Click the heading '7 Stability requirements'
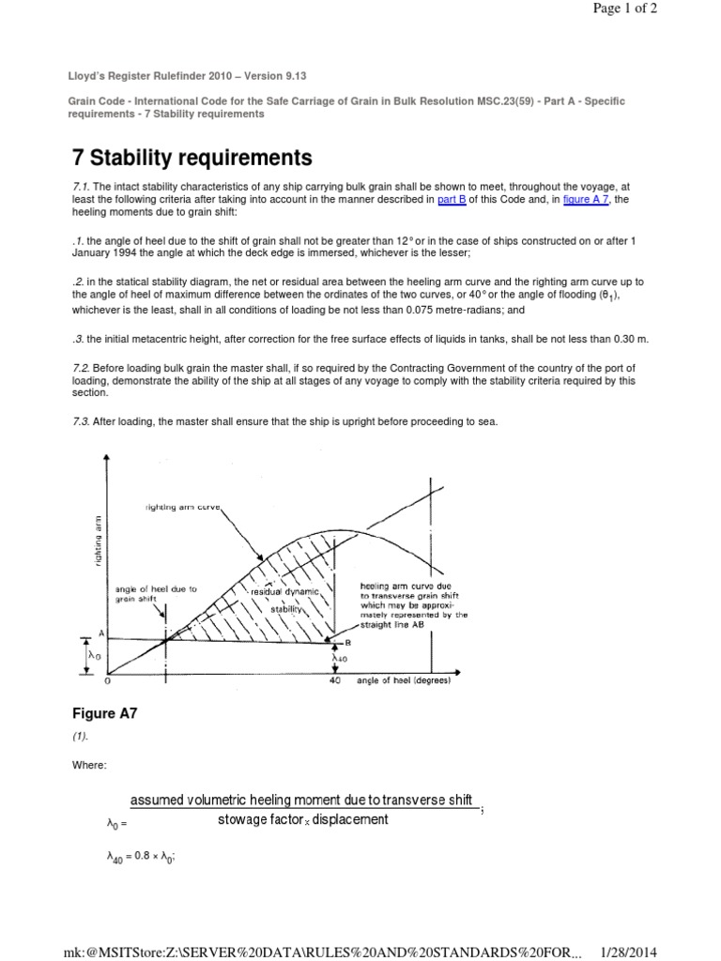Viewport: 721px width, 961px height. pyautogui.click(x=192, y=157)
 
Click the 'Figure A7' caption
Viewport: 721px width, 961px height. pyautogui.click(x=105, y=712)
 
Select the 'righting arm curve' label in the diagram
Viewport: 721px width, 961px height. pyautogui.click(x=183, y=507)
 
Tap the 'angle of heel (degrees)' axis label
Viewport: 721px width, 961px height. pyautogui.click(x=404, y=681)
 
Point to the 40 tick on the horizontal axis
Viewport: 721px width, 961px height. pyautogui.click(x=335, y=681)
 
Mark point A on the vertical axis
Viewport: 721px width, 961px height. pyautogui.click(x=100, y=633)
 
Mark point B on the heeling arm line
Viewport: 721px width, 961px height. pyautogui.click(x=346, y=643)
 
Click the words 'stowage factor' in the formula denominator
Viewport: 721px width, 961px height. pyautogui.click(x=254, y=819)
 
